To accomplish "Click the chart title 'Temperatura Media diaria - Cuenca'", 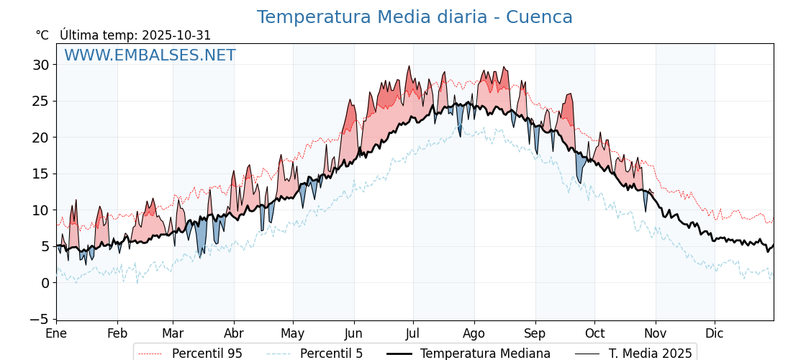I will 415,17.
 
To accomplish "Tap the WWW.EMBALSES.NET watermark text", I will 150,55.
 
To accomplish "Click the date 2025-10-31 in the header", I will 176,35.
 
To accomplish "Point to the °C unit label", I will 42,35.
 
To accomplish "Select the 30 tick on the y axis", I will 41,65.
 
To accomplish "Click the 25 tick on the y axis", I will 41,101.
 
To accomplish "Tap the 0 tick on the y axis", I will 45,283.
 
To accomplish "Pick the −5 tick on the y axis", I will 39,319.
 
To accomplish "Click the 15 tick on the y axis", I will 41,174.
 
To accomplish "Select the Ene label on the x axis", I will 56,334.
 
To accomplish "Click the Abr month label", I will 234,334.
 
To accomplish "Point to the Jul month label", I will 413,334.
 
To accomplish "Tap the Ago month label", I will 474,334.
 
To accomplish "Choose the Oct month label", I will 594,334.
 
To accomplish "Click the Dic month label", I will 715,334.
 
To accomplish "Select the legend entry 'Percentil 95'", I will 207,354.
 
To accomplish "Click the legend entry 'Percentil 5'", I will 331,354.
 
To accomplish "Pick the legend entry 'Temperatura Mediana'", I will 485,354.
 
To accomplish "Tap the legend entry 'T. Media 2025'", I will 650,354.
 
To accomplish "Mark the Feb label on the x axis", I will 117,334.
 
